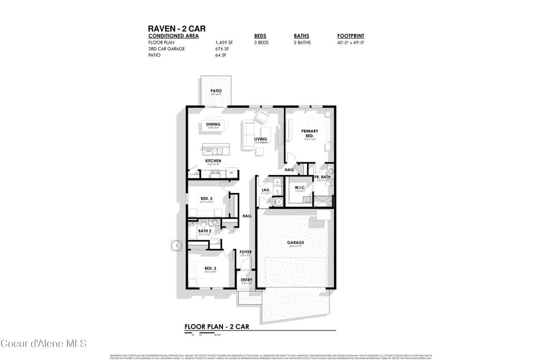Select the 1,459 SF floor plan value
point(224,42)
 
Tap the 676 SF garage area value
point(221,48)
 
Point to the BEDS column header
point(260,36)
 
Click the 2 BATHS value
point(302,42)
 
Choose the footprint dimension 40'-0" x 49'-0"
point(351,42)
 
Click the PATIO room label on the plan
point(216,91)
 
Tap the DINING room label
point(213,124)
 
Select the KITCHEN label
point(213,161)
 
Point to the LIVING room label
point(261,139)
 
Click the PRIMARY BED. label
point(308,133)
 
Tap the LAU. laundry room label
point(266,190)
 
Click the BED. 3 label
point(206,198)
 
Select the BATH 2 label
point(205,231)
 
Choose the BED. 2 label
point(210,268)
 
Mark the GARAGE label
point(295,242)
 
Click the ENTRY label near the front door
point(246,280)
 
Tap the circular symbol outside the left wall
point(176,245)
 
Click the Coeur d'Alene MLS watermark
point(43,344)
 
